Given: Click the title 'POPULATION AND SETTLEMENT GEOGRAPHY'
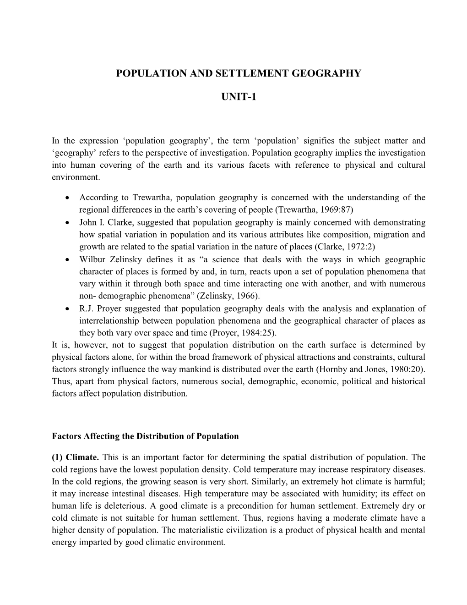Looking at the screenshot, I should tap(239, 73).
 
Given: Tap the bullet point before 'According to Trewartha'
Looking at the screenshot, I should tap(68, 198).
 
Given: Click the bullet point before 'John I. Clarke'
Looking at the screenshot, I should tap(68, 223).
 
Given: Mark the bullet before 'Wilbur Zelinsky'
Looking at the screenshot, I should tap(68, 260).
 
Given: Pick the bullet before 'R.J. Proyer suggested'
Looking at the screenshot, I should tap(68, 309).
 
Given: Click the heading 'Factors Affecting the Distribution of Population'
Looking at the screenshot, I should tap(145, 436).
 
